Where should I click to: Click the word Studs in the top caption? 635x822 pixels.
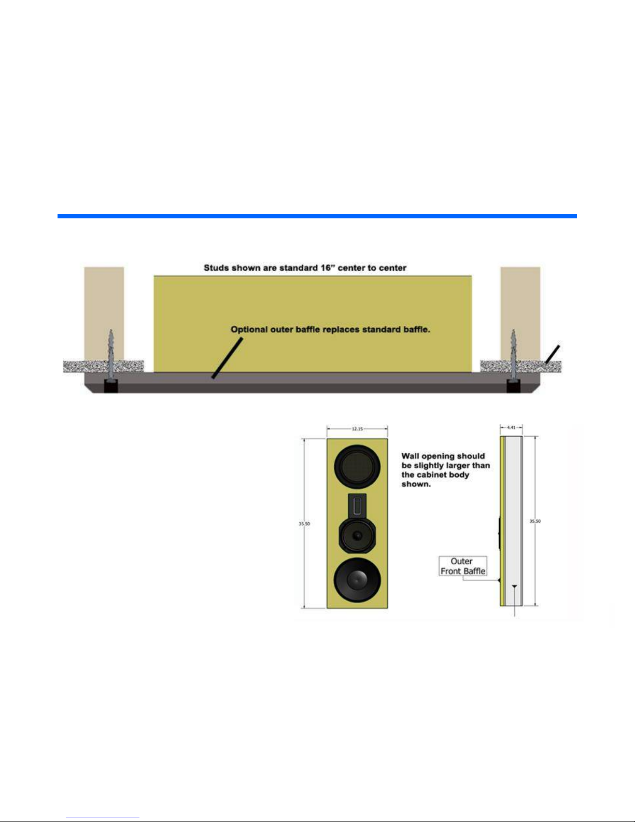[216, 268]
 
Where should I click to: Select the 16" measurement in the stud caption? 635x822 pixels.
[316, 268]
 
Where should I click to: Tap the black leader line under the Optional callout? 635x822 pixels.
[227, 358]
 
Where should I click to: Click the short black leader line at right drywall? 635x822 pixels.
[552, 354]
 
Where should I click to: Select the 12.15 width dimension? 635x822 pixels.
[357, 429]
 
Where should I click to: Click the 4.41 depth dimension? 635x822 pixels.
[511, 428]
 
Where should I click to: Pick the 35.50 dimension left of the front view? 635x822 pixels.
[304, 524]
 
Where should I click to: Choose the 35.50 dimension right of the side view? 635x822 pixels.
[535, 521]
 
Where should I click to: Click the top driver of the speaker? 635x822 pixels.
[357, 467]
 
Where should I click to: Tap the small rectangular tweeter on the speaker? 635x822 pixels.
[357, 505]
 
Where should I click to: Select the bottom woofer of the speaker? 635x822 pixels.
[357, 580]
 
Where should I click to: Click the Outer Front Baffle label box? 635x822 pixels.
[463, 566]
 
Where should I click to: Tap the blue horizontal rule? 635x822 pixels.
[317, 216]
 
